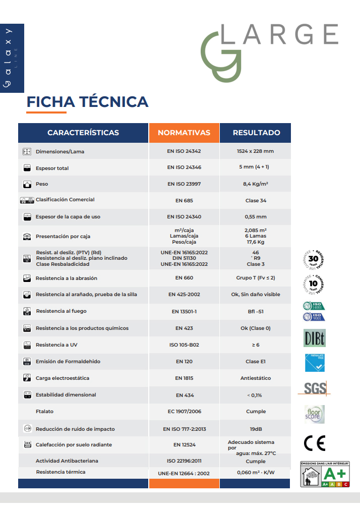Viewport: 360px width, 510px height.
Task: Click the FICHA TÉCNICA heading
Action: click(87, 102)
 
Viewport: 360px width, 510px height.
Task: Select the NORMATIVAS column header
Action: click(184, 133)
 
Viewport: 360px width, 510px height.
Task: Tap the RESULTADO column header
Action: click(256, 133)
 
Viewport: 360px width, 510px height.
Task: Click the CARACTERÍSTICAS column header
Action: click(83, 133)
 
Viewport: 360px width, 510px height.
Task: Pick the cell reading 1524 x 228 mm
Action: click(255, 151)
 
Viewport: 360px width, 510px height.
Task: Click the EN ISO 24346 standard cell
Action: click(184, 167)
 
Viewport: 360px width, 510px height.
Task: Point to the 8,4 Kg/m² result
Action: click(255, 184)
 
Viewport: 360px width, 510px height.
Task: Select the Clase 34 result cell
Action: click(256, 201)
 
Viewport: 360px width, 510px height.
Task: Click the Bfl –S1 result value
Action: click(256, 312)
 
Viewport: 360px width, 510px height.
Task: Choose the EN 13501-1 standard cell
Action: click(184, 312)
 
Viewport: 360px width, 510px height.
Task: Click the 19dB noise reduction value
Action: click(256, 429)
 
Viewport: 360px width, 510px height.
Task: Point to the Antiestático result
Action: click(256, 378)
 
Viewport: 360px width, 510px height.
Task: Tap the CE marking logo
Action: click(315, 442)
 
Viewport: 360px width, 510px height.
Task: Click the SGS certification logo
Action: click(315, 388)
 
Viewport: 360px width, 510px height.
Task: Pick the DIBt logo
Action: click(314, 338)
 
